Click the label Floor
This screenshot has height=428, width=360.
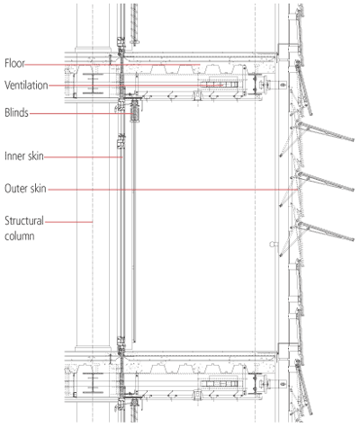point(14,63)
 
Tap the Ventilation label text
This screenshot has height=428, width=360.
point(26,85)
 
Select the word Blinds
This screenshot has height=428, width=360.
point(16,113)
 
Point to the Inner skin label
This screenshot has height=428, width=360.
point(24,156)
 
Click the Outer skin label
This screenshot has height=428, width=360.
point(25,189)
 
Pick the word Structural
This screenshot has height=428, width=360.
point(24,221)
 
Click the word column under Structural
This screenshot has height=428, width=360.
point(19,236)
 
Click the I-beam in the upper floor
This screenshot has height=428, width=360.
point(93,84)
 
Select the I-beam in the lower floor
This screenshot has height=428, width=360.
point(93,383)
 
